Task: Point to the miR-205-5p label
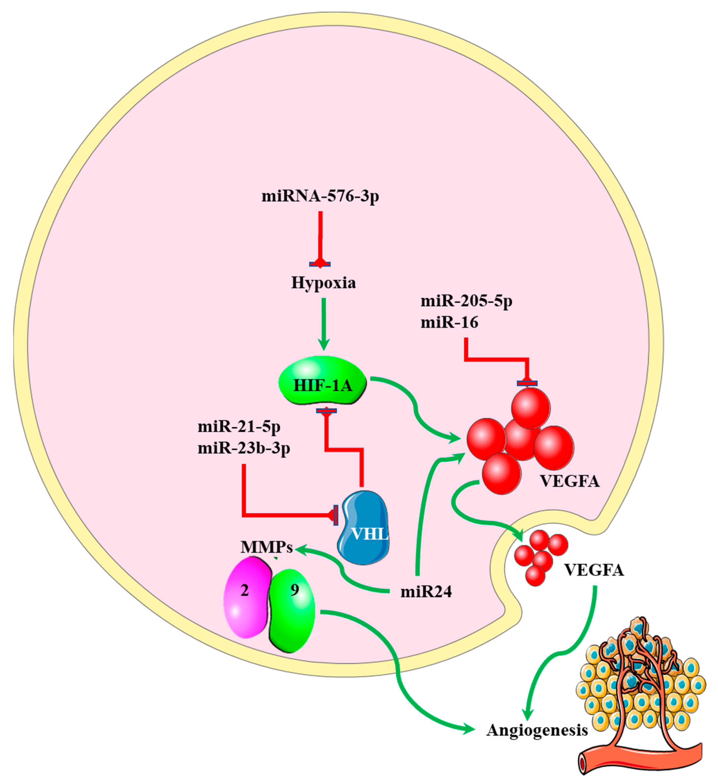click(x=466, y=301)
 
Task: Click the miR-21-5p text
click(x=239, y=427)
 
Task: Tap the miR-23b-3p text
click(x=244, y=449)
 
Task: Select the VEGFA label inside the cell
click(x=570, y=482)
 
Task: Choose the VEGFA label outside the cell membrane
click(x=594, y=570)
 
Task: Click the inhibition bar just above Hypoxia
click(x=320, y=264)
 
